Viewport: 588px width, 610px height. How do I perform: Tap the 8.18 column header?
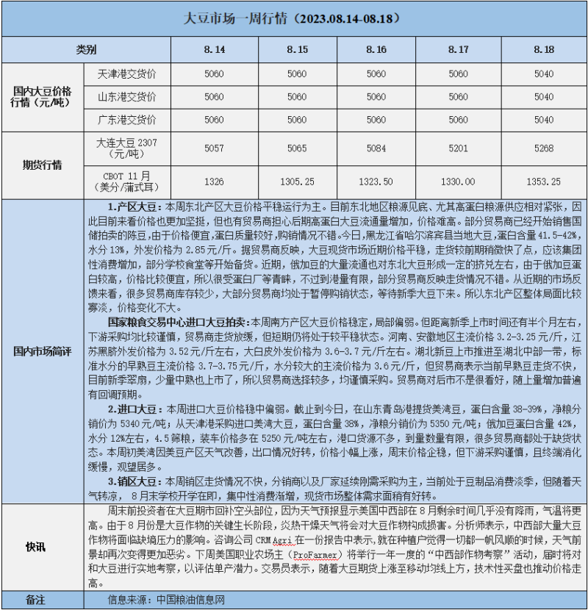[x=544, y=49]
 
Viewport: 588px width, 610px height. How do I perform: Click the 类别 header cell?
[x=86, y=49]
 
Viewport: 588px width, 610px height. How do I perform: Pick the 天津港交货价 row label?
[x=126, y=74]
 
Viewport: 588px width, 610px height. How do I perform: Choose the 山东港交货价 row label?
[x=126, y=97]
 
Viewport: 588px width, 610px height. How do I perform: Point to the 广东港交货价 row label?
[x=126, y=120]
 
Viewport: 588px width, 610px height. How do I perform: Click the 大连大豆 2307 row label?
[x=126, y=148]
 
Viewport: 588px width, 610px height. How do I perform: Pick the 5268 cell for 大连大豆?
[x=544, y=148]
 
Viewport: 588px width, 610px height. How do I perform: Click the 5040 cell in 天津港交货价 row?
[x=544, y=74]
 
